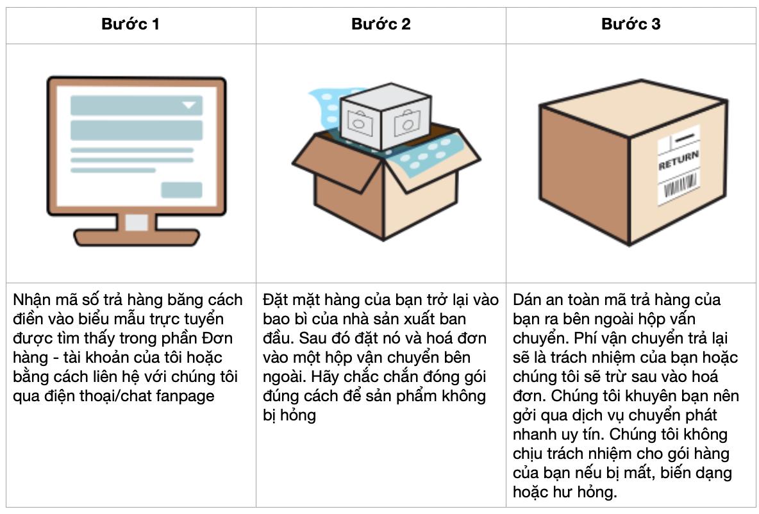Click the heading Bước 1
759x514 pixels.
[x=130, y=24]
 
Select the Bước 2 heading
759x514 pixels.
[x=381, y=24]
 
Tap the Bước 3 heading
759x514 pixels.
[x=631, y=24]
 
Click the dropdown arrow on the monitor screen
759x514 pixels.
[x=188, y=105]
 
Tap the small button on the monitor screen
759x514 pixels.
[x=181, y=190]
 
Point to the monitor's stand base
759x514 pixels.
[x=137, y=238]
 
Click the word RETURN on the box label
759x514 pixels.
[x=679, y=160]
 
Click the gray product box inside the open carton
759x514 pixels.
[x=385, y=116]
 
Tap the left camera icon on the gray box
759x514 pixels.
[x=359, y=122]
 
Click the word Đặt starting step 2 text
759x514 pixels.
[x=276, y=300]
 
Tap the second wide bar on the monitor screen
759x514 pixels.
[x=137, y=130]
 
